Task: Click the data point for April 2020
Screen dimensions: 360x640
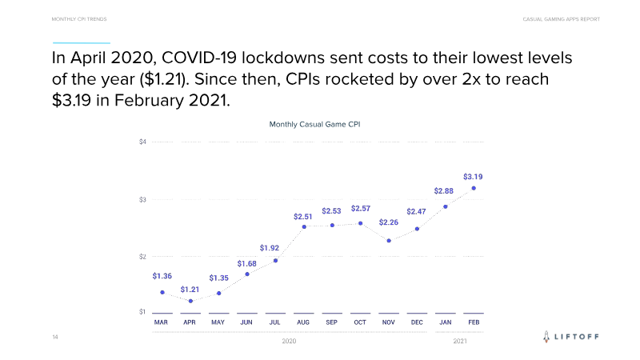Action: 190,301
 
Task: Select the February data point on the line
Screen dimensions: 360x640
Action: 474,189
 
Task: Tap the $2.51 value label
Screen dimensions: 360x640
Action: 303,216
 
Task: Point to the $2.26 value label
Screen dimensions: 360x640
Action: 389,222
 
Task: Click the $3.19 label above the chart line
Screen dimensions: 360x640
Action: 473,176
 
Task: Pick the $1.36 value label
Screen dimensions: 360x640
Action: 162,276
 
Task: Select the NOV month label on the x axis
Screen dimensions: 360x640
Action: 389,322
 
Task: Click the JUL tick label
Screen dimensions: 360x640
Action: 275,322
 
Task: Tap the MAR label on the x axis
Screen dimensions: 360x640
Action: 161,322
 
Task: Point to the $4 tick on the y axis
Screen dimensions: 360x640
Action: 142,142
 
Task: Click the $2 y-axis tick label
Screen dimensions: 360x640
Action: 142,256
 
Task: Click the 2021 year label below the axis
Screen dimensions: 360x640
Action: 460,342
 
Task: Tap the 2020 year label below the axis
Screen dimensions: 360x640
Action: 290,342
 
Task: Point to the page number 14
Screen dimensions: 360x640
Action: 55,338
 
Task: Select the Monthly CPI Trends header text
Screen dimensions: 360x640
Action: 79,18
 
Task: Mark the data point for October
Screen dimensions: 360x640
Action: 361,223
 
